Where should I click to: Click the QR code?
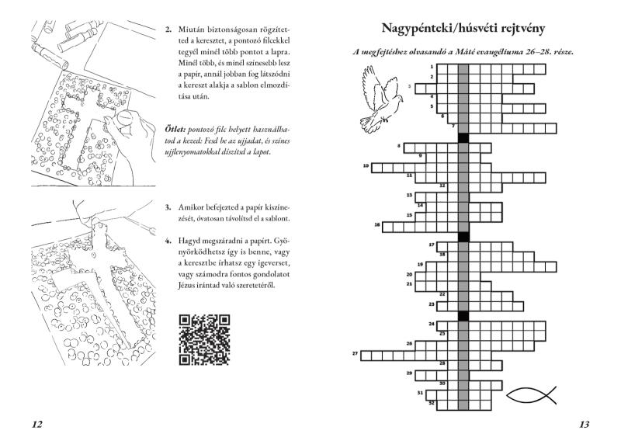click(x=204, y=339)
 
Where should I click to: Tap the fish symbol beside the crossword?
click(x=532, y=395)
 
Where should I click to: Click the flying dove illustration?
click(x=381, y=99)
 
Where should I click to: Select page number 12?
click(x=36, y=425)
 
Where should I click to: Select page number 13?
click(x=585, y=425)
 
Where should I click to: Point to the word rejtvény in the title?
click(x=520, y=29)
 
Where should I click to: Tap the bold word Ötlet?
click(x=175, y=129)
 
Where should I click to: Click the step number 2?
click(x=168, y=30)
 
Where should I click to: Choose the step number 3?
click(x=168, y=207)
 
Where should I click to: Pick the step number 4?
click(x=168, y=241)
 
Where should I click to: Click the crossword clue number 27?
click(x=355, y=352)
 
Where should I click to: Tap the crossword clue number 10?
click(x=366, y=165)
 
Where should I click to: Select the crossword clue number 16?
click(x=377, y=224)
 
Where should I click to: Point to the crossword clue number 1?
click(x=432, y=67)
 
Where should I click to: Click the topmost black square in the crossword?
click(x=463, y=138)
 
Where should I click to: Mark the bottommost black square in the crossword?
click(x=463, y=316)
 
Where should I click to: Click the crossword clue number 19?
click(x=421, y=264)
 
